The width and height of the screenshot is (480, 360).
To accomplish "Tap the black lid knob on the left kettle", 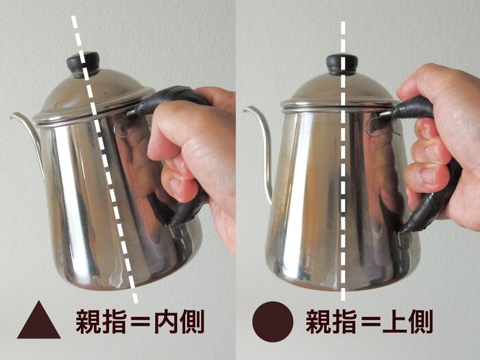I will [x=83, y=63].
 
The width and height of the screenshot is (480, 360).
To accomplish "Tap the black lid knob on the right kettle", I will [x=341, y=64].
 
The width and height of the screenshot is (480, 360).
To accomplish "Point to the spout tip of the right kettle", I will [x=246, y=108].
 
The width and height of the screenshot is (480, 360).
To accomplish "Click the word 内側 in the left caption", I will [x=178, y=322].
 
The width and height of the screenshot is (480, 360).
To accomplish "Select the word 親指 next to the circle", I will [x=331, y=322].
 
